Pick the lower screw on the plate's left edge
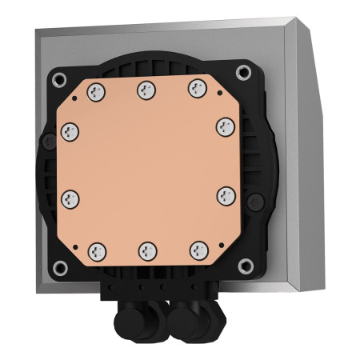coord(70,197)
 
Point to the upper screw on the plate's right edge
coord(225,126)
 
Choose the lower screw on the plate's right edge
coord(226,194)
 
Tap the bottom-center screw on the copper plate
coord(147,250)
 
